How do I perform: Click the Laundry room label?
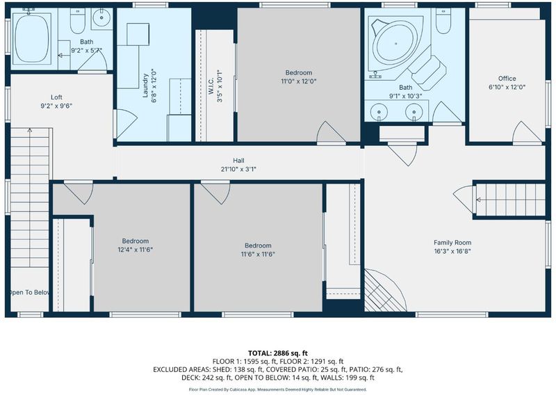[x=145, y=85]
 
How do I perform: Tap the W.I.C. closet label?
[x=211, y=86]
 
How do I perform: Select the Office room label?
[x=507, y=79]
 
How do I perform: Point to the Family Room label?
[x=452, y=243]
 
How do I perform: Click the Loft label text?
[x=56, y=97]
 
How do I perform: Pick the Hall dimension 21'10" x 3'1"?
[x=238, y=169]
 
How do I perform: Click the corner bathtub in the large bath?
[x=395, y=44]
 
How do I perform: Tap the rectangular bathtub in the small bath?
[x=32, y=38]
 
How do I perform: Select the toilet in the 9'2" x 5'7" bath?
[x=78, y=21]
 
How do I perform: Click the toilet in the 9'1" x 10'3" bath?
[x=443, y=21]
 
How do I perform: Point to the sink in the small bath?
[x=101, y=19]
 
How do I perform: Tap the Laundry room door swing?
[x=126, y=124]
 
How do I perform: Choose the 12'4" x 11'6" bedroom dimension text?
[x=135, y=250]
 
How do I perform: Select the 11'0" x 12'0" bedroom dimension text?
[x=299, y=81]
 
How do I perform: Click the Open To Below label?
[x=29, y=293]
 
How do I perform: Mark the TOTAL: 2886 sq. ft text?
[x=277, y=353]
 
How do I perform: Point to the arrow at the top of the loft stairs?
[x=30, y=130]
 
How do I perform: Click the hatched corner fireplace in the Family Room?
[x=385, y=291]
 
